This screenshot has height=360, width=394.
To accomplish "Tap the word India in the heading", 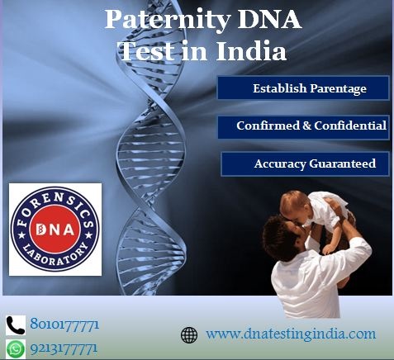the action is pyautogui.click(x=251, y=51).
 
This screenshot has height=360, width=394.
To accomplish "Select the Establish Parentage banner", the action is pyautogui.click(x=303, y=88).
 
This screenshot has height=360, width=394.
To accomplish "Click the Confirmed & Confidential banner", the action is pyautogui.click(x=303, y=126).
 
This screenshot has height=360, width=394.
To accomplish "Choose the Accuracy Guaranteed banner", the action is pyautogui.click(x=305, y=163).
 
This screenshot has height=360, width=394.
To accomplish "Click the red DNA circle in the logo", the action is pyautogui.click(x=55, y=229).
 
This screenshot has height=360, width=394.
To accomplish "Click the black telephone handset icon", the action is pyautogui.click(x=16, y=325).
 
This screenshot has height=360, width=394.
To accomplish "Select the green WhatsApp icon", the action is pyautogui.click(x=16, y=349).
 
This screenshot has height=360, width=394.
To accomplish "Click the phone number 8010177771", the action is pyautogui.click(x=64, y=324).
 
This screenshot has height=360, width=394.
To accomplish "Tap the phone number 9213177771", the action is pyautogui.click(x=64, y=349).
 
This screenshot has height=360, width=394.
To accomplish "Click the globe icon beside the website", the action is pyautogui.click(x=189, y=335).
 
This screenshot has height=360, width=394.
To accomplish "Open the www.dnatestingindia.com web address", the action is pyautogui.click(x=291, y=334).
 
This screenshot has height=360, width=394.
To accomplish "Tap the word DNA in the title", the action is pyautogui.click(x=269, y=19).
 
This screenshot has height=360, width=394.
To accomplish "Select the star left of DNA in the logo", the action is pyautogui.click(x=21, y=235).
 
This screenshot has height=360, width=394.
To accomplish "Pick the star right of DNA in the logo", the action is pyautogui.click(x=88, y=235).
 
